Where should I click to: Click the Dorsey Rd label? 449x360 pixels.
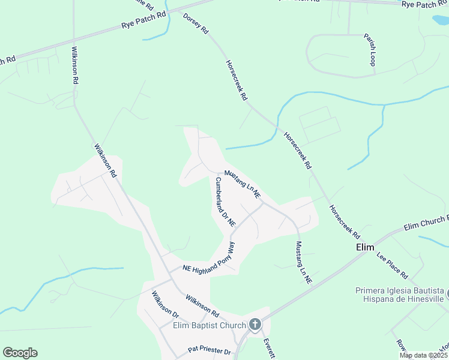tap(196, 23)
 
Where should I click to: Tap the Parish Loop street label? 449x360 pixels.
tap(369, 50)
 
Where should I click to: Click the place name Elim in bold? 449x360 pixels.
tap(365, 247)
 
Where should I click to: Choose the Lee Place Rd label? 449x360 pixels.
tap(393, 265)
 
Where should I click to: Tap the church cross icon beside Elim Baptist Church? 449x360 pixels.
tap(255, 325)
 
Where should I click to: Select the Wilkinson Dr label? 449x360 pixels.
tap(166, 305)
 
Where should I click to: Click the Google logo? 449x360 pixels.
tap(20, 353)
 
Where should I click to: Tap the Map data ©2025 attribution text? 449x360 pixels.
tap(423, 355)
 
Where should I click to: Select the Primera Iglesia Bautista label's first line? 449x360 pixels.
tap(399, 291)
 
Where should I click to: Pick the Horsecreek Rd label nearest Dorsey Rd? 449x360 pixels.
tap(237, 79)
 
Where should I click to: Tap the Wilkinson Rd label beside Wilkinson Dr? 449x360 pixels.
tap(202, 304)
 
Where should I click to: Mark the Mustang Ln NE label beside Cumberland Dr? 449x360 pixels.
tap(243, 184)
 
